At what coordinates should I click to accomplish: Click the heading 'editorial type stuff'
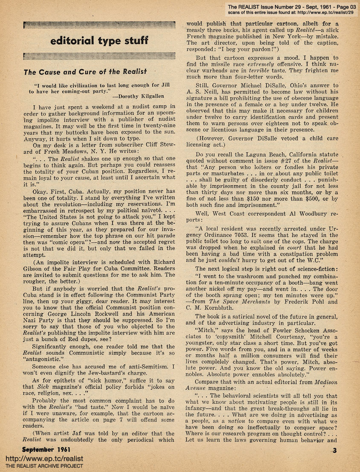coord(99,41)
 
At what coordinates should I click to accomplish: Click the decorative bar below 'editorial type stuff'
coord(99,56)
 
